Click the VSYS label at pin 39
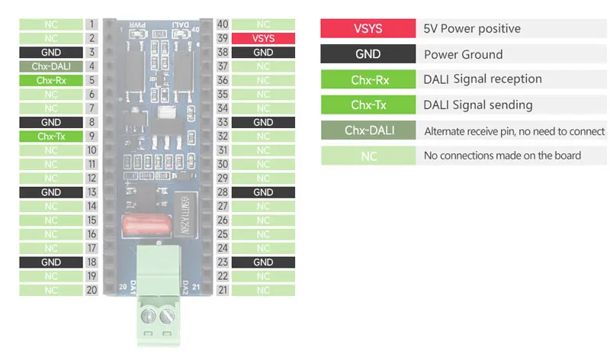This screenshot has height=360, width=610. [x=263, y=38]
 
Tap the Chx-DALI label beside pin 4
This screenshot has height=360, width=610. [x=51, y=66]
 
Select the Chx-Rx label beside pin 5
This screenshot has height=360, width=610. [x=51, y=80]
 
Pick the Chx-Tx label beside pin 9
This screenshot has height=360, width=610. [x=51, y=137]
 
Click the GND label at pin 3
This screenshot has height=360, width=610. [x=51, y=53]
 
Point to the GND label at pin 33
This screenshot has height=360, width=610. [x=263, y=122]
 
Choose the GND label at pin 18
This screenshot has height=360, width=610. [x=51, y=262]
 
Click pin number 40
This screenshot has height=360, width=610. [x=223, y=24]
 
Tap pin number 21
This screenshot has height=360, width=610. [x=223, y=290]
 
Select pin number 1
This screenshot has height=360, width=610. [x=91, y=24]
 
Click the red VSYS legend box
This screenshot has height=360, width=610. [x=368, y=29]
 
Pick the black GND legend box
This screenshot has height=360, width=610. [x=368, y=55]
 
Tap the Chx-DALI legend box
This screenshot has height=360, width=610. [x=368, y=130]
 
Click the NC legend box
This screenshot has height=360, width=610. [x=368, y=156]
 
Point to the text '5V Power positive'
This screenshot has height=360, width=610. [x=472, y=29]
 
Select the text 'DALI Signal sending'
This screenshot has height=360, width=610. [x=478, y=104]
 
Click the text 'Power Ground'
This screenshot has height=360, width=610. [x=463, y=55]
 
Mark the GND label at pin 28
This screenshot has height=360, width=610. [x=263, y=192]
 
